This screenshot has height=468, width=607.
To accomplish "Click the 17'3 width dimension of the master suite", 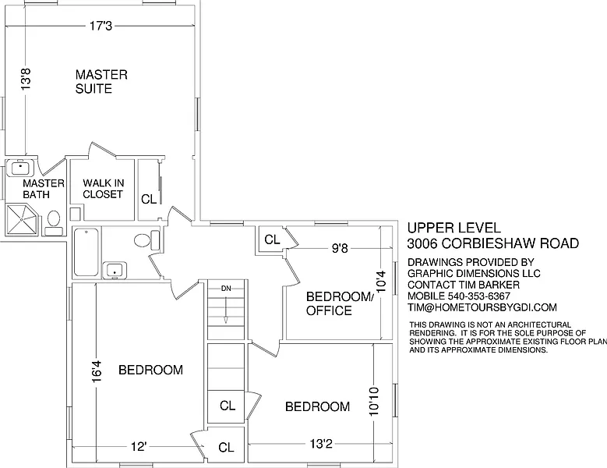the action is (101, 26).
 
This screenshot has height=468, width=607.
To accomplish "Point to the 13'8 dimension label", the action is (26, 80).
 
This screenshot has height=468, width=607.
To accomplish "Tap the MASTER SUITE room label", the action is (101, 81).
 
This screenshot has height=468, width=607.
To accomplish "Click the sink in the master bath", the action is (20, 168).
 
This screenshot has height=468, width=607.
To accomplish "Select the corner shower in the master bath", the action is (22, 220).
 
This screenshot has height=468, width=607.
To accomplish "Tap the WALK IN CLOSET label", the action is (103, 188).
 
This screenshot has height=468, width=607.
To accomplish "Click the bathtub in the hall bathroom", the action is (86, 252).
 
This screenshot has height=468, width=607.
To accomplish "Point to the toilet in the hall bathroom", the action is (146, 240).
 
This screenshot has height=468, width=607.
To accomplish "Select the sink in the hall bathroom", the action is (115, 271).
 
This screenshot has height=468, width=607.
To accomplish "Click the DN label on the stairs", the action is (226, 289).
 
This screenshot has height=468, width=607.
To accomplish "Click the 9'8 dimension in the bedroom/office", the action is (340, 248).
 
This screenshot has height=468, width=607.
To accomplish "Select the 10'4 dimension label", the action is (381, 282).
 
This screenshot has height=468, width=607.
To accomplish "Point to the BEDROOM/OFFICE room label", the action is (340, 303).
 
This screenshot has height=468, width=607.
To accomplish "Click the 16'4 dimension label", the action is (97, 371).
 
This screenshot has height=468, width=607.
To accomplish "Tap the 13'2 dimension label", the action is (321, 444).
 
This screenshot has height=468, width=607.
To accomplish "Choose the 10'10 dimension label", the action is (374, 402).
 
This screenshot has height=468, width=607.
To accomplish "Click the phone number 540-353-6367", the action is (479, 296).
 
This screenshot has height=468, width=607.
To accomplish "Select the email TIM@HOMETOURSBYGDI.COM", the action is (482, 307).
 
